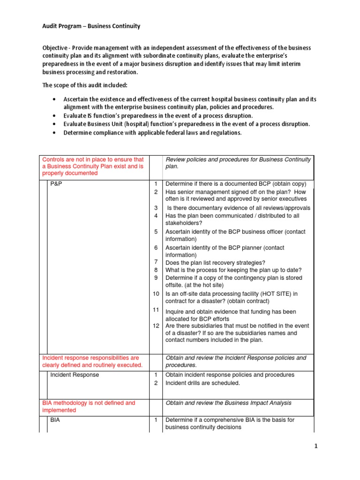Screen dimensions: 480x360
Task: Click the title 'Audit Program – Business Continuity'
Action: tap(91, 26)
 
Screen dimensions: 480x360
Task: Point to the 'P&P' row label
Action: tap(56, 184)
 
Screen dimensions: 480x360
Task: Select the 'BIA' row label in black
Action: tap(55, 420)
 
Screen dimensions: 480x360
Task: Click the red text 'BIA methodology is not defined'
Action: tap(88, 403)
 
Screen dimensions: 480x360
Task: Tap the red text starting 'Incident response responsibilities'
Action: tap(90, 358)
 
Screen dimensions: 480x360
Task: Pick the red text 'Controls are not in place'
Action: tap(92, 159)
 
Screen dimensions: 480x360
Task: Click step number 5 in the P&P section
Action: tap(156, 232)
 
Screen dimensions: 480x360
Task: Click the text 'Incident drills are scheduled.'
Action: tap(202, 383)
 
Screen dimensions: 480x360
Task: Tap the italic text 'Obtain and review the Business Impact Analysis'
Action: tap(228, 403)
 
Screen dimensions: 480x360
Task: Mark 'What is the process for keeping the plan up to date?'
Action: tap(233, 270)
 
